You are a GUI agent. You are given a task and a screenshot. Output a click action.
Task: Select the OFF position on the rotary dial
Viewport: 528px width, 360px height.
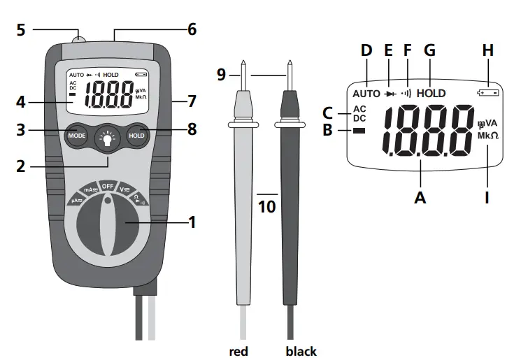(x=108, y=186)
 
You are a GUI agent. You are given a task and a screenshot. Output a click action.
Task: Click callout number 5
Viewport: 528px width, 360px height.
(x=21, y=30)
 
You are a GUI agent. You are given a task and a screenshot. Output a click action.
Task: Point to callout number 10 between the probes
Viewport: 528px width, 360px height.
(x=266, y=207)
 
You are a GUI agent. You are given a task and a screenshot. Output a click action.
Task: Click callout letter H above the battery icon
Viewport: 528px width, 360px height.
(x=487, y=51)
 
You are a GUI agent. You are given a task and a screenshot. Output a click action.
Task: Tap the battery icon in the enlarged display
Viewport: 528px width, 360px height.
(x=487, y=92)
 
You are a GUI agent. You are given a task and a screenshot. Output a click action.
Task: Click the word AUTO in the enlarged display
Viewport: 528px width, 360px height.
(x=366, y=93)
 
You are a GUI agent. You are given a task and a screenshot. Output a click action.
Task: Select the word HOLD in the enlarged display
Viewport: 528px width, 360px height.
(x=431, y=92)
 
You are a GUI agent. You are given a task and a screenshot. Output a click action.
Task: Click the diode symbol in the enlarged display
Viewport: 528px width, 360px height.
(x=390, y=92)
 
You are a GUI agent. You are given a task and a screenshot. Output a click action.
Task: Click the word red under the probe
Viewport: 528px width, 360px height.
(x=238, y=351)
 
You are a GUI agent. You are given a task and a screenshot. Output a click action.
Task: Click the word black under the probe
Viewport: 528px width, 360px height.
(x=301, y=351)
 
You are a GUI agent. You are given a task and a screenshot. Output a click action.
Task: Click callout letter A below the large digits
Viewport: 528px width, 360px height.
(x=420, y=198)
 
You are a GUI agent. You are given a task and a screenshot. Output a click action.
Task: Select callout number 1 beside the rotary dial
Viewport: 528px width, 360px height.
(x=192, y=223)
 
